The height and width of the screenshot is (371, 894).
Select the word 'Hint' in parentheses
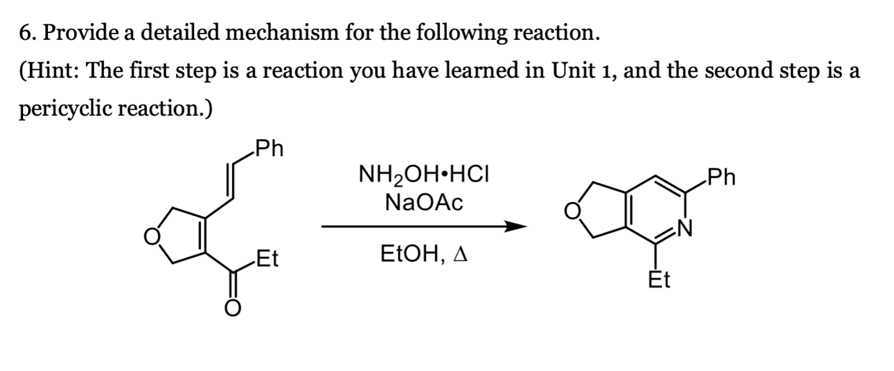click(52, 71)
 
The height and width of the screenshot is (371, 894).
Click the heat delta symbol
click(461, 255)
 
